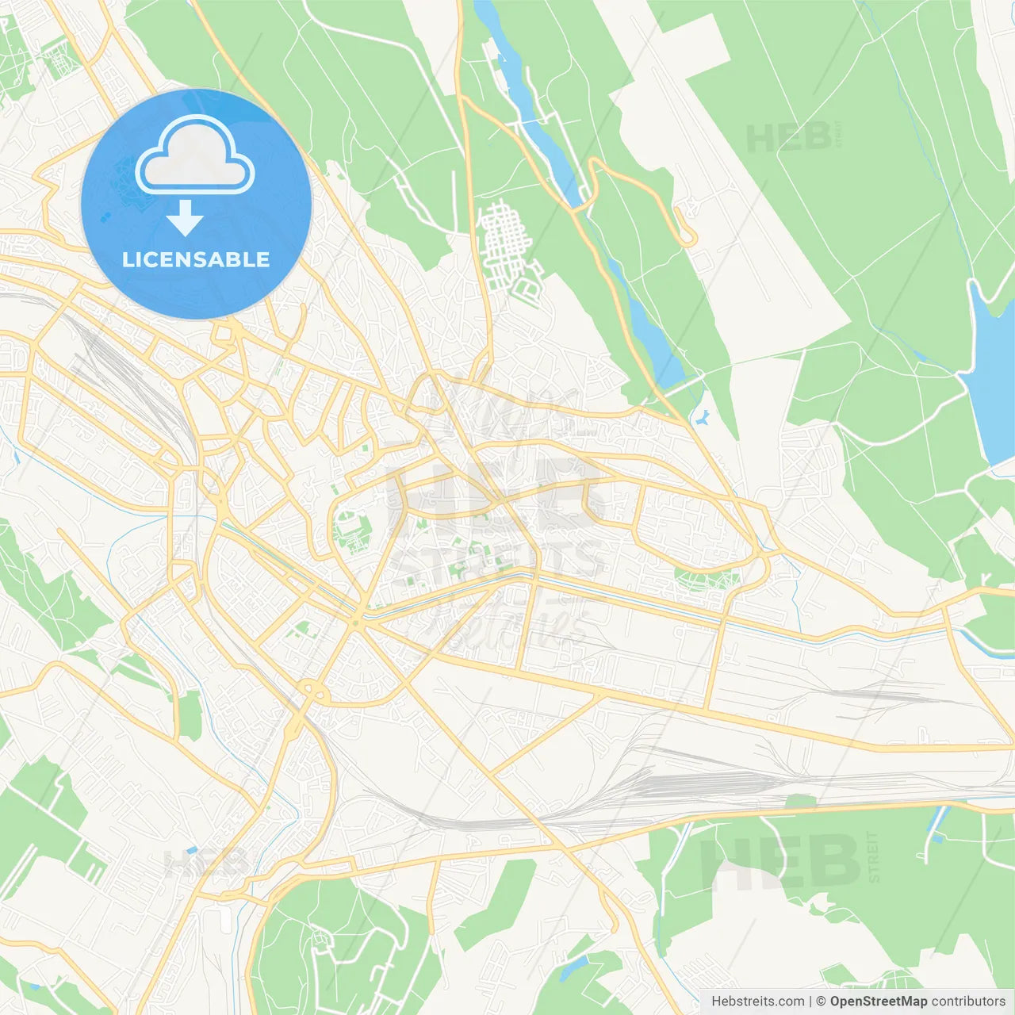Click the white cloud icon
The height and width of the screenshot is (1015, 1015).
(x=195, y=156)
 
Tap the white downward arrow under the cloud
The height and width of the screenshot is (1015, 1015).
(x=185, y=218)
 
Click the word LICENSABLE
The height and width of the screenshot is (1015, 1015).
(x=196, y=259)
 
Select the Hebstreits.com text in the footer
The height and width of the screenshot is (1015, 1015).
(x=757, y=1002)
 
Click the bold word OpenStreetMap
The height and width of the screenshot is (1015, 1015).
(x=878, y=1002)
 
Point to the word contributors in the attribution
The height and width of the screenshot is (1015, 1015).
(x=968, y=1002)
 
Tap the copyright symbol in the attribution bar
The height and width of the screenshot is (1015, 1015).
(x=821, y=1002)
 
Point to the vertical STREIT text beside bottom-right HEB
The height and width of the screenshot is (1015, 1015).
(x=874, y=856)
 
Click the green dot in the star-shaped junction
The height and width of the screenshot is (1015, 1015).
(x=357, y=624)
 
